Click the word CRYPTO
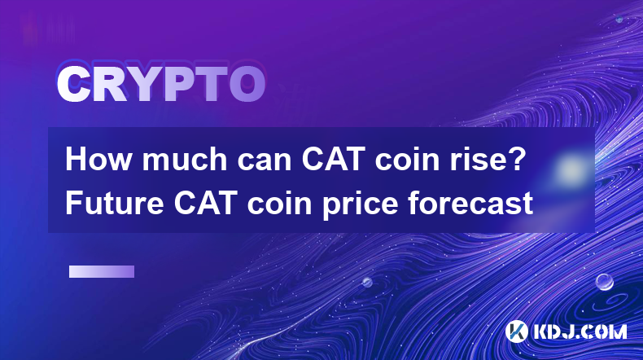(161, 84)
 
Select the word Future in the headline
(115, 203)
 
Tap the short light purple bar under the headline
(102, 272)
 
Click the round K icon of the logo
(517, 331)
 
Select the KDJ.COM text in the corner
(579, 332)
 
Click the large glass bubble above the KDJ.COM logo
(605, 282)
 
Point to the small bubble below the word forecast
(367, 282)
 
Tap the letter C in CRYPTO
(73, 84)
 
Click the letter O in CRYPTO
(247, 84)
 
